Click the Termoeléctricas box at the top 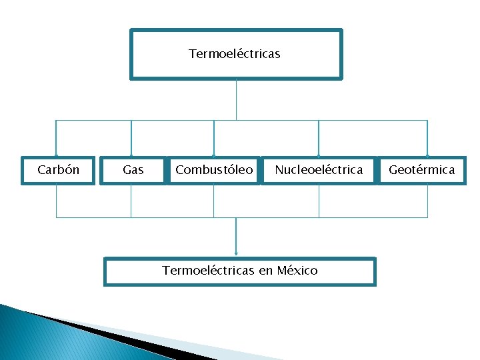pos(235,54)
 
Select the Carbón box pos(58,170)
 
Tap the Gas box pos(133,170)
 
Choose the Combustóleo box pos(214,170)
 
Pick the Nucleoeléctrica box pos(319,170)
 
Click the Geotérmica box pos(421,170)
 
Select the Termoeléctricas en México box pos(239,271)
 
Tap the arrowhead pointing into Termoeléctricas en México pos(236,253)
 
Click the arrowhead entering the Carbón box pos(56,155)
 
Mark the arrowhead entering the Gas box pos(131,155)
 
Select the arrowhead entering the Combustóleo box pos(213,155)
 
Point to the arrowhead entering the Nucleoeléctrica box pos(319,155)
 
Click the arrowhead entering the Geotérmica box pos(427,155)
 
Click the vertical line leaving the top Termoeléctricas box pos(236,100)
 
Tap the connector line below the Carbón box pos(56,200)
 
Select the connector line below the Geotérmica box pos(427,200)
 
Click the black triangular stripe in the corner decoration pos(100,331)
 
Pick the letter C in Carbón pos(41,170)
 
